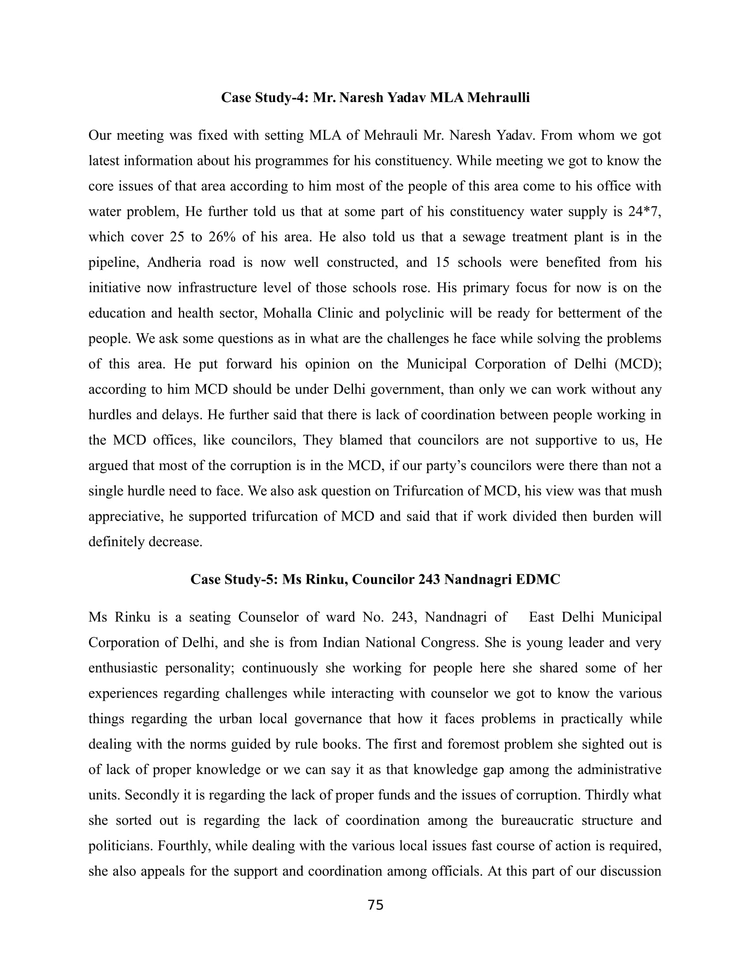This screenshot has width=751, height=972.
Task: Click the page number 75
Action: [x=375, y=905]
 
